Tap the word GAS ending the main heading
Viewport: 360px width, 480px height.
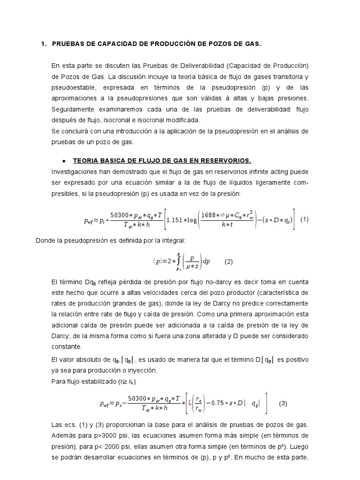(x=251, y=44)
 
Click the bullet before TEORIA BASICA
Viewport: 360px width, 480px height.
(x=63, y=161)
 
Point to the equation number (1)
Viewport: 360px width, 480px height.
(x=305, y=219)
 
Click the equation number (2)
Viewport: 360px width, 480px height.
(x=228, y=262)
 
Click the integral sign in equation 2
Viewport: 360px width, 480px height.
(x=178, y=262)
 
